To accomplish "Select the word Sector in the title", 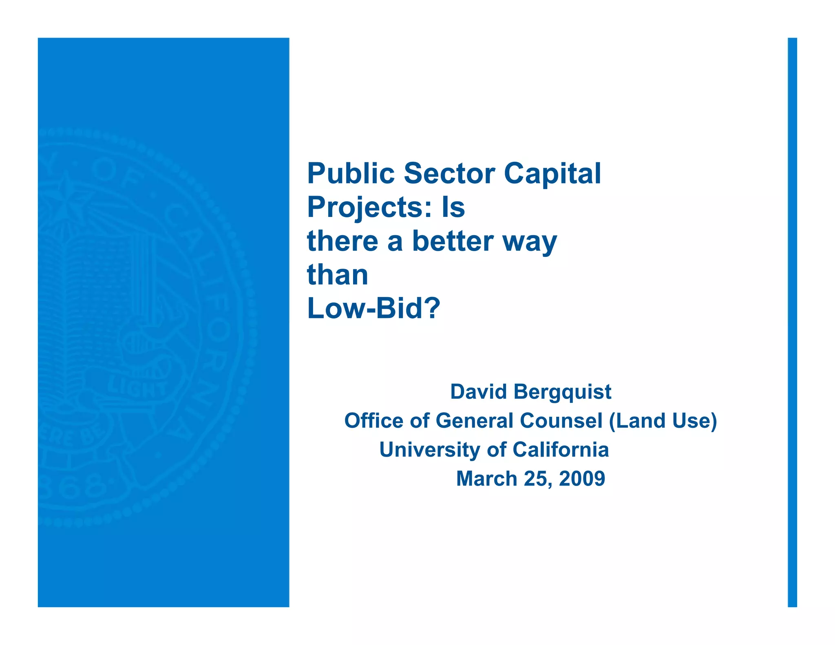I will click(449, 173).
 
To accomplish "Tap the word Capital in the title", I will click(552, 174).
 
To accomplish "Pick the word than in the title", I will click(338, 275).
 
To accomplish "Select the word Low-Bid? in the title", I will click(373, 309).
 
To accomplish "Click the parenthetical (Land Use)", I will click(663, 421).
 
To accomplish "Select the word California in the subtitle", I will click(561, 450).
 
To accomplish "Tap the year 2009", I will click(582, 479).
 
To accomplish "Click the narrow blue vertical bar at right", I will click(792, 322).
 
